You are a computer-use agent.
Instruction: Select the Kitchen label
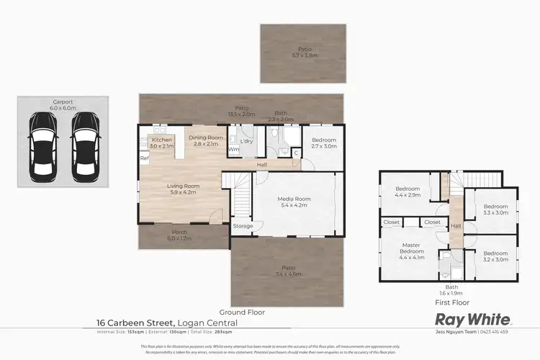pos(162,142)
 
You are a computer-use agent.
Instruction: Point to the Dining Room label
pos(206,140)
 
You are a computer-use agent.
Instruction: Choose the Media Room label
pos(293,202)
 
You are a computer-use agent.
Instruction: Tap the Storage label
pos(243,226)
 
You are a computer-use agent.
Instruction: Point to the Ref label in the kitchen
pos(144,158)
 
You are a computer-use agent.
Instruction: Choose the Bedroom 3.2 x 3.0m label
pos(495,256)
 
